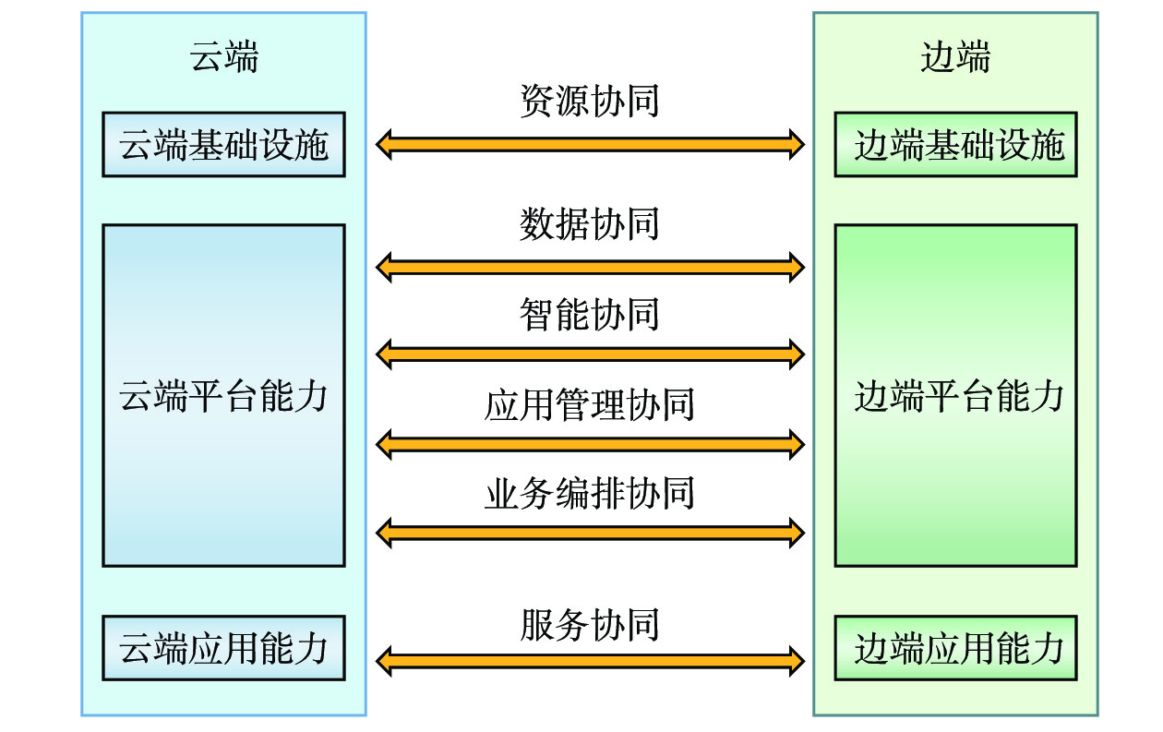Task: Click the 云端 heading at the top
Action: [x=223, y=57]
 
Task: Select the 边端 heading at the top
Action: [x=955, y=57]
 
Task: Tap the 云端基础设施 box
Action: [x=223, y=145]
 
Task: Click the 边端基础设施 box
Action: [x=955, y=145]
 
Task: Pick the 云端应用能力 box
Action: [x=223, y=648]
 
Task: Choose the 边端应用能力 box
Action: [x=955, y=648]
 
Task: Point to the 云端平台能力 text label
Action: [x=223, y=396]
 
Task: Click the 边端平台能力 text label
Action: [x=959, y=396]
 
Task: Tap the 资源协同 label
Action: [x=590, y=101]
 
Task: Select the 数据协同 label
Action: [x=590, y=224]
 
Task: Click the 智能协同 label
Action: [x=590, y=315]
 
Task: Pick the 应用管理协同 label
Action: [x=590, y=404]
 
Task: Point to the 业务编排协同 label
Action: [x=590, y=494]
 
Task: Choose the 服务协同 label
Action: [x=590, y=625]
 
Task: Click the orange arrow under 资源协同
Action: [x=590, y=144]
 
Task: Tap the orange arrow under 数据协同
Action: [x=590, y=268]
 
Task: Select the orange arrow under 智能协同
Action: [x=590, y=352]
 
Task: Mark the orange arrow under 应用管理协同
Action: [x=590, y=444]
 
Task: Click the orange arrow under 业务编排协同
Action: [x=590, y=532]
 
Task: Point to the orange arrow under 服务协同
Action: [x=590, y=660]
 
